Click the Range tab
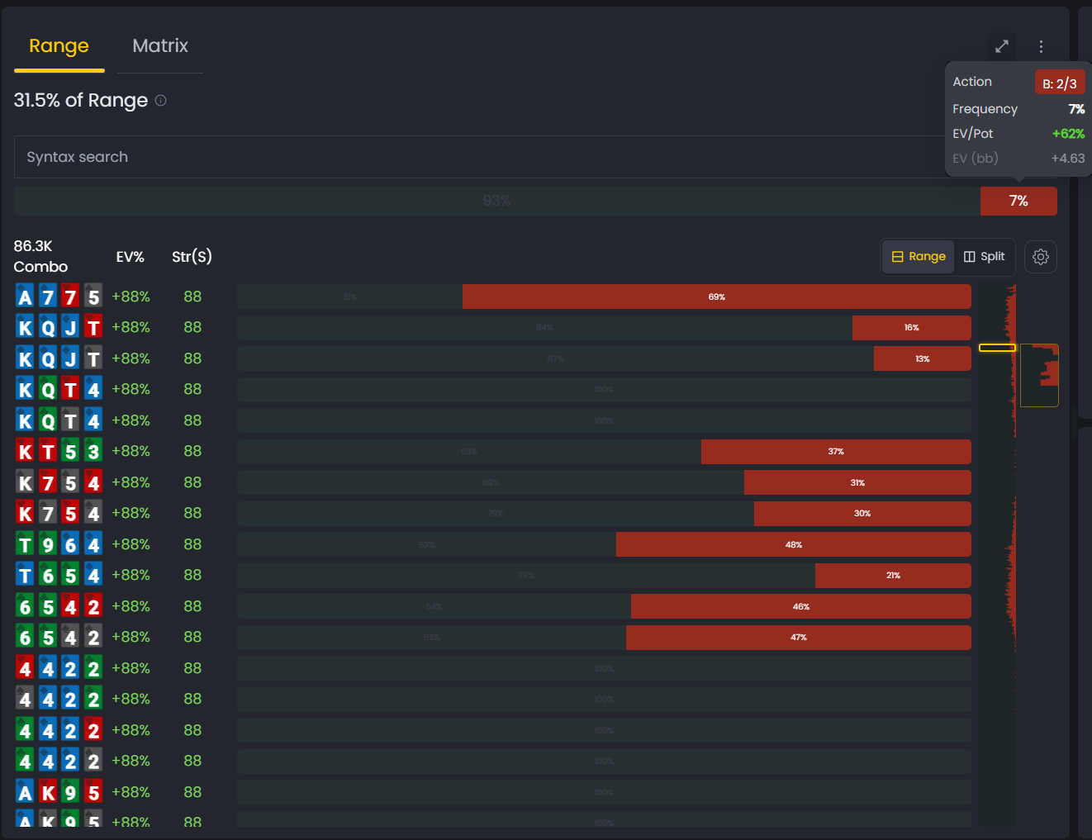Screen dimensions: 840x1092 (x=59, y=46)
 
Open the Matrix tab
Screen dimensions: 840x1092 (x=160, y=46)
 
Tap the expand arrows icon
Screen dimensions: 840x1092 (x=1001, y=46)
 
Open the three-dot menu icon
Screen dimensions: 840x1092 (x=1041, y=46)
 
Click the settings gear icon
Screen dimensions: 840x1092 (x=1041, y=257)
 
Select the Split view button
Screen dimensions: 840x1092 (x=984, y=257)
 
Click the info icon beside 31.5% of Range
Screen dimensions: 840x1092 (x=161, y=101)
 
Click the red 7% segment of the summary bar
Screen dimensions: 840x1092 (x=1018, y=202)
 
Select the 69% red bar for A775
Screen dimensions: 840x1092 (x=716, y=297)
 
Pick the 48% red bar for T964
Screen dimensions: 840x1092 (x=793, y=544)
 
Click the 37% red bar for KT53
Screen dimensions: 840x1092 (x=835, y=452)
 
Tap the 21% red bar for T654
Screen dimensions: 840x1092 (x=892, y=576)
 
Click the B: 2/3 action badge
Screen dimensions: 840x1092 (x=1059, y=83)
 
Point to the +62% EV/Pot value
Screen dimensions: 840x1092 (x=1067, y=134)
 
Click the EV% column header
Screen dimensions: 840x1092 (x=130, y=257)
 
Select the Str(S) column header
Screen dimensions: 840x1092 (x=192, y=257)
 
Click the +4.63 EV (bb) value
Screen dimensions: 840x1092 (x=1067, y=159)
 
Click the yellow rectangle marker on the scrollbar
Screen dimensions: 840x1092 (x=997, y=348)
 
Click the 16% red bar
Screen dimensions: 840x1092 (x=911, y=328)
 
